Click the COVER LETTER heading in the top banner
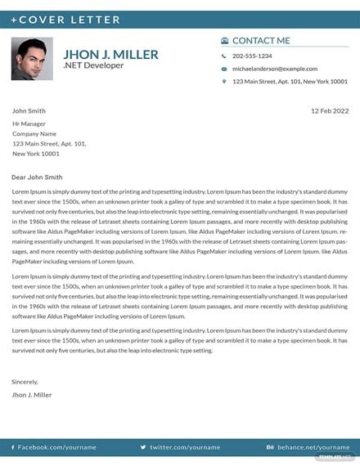coord(65,20)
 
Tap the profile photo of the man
coord(32,59)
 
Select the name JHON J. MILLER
coord(110,55)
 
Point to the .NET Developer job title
coord(93,65)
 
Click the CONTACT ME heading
coord(261,40)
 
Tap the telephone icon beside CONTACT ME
coord(225,40)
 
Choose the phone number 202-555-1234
coord(252,56)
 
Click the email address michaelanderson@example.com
coord(274,69)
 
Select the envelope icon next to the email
coord(224,69)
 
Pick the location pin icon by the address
coord(224,82)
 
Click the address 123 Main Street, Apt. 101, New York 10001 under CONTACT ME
coord(290,82)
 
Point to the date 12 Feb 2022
coord(330,110)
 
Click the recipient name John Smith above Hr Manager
coord(29,110)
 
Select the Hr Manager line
coord(29,123)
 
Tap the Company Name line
coord(34,133)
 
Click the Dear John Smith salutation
coord(37,177)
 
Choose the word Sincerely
coord(25,381)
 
